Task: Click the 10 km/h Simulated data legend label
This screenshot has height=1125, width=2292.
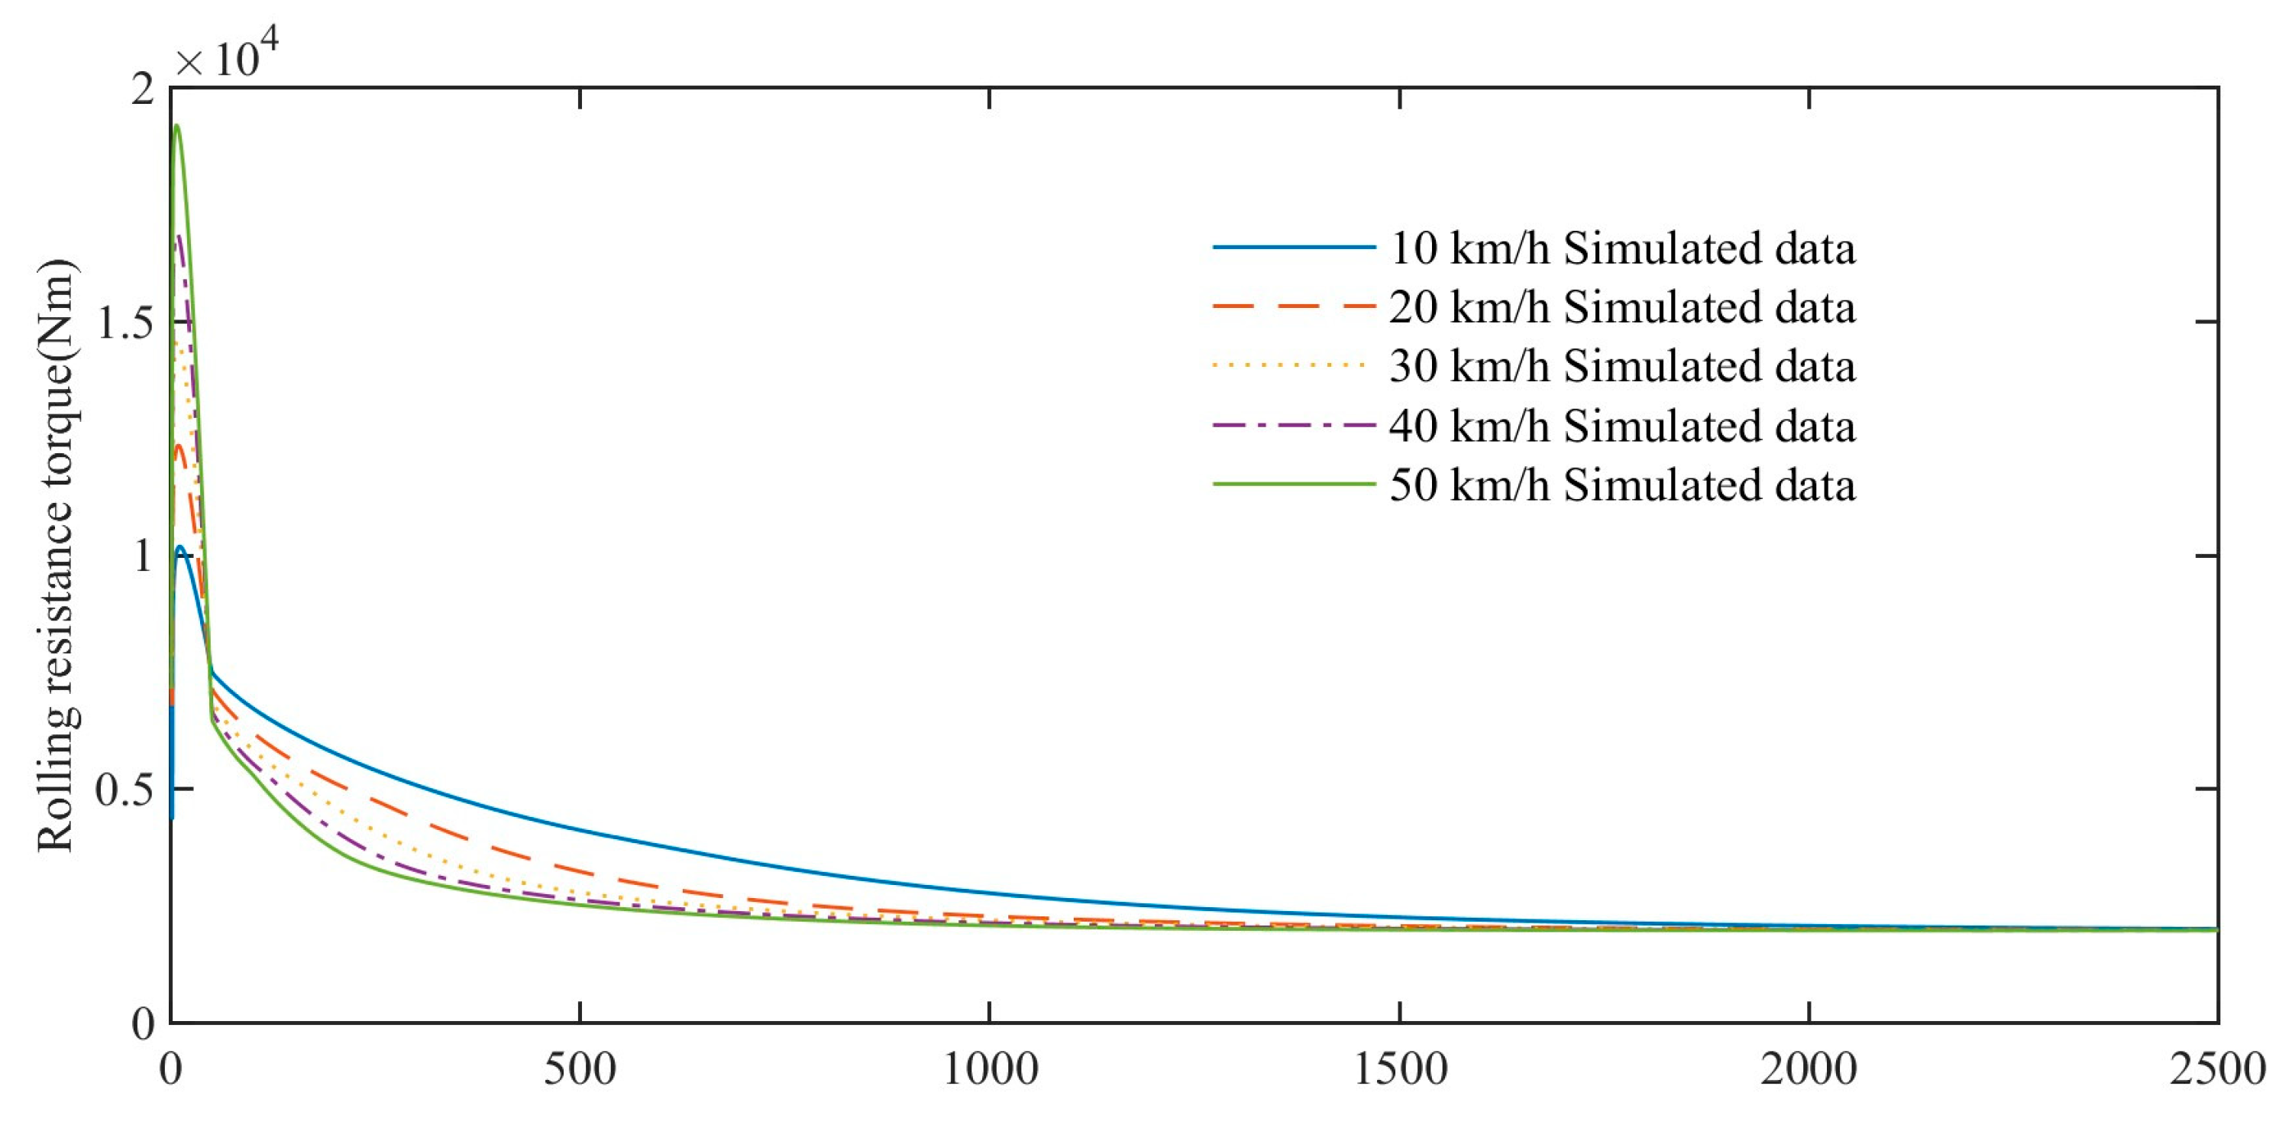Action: pos(1622,248)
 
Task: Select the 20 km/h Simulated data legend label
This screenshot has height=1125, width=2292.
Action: pos(1622,308)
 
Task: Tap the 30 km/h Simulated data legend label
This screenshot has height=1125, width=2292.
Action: pos(1622,367)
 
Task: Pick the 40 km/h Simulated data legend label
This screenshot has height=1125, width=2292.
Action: pos(1622,426)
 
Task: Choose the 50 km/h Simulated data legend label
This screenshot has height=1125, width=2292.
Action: pos(1622,486)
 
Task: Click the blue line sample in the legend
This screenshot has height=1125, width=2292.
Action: pos(1294,247)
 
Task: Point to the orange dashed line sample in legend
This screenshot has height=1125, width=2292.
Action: pos(1294,306)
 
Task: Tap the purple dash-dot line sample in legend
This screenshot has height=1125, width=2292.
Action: pos(1294,426)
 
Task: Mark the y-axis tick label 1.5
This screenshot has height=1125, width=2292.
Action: pos(124,323)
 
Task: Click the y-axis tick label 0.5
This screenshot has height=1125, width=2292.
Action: pos(124,789)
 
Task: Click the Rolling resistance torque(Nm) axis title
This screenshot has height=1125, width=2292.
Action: pos(55,556)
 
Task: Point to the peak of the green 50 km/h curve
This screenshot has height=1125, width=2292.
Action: pos(177,125)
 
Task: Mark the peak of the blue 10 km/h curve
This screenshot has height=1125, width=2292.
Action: pos(179,546)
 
